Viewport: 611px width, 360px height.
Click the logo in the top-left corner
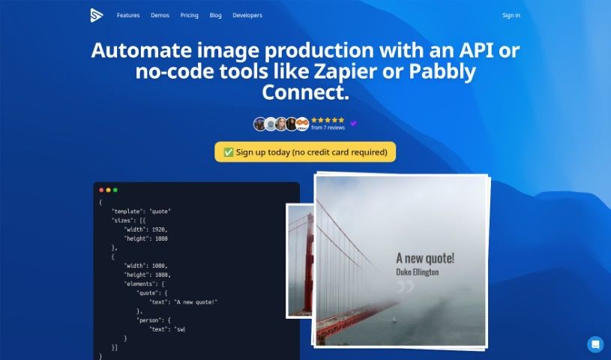click(97, 15)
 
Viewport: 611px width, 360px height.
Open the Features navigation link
click(128, 15)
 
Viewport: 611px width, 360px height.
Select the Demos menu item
click(160, 15)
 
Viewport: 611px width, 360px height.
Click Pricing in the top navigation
click(190, 15)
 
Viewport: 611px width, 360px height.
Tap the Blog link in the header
click(215, 15)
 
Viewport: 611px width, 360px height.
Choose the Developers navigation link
click(247, 15)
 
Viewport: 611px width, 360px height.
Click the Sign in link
click(511, 15)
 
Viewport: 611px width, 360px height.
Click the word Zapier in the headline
click(346, 71)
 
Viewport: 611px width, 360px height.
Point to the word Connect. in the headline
click(306, 92)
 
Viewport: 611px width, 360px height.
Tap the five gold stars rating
click(328, 120)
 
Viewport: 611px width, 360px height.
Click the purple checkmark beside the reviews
click(353, 123)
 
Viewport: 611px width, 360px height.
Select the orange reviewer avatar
click(302, 124)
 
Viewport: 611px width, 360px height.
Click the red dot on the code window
click(101, 190)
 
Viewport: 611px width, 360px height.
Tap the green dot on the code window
click(115, 190)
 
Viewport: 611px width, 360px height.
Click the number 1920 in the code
click(159, 229)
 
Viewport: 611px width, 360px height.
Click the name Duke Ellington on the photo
click(418, 271)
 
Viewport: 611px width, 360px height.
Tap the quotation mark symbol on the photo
click(406, 286)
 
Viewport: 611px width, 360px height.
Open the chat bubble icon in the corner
click(595, 344)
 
